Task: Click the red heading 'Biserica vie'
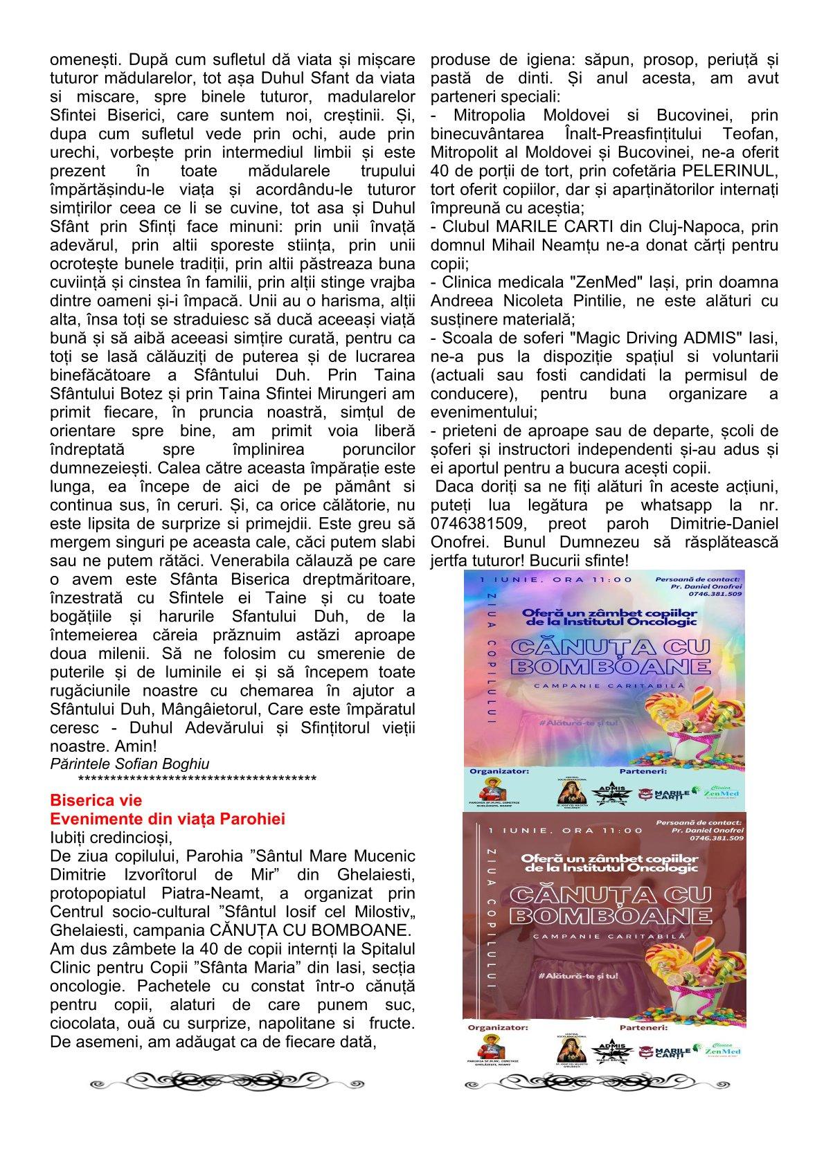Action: point(96,801)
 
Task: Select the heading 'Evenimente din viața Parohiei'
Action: point(168,819)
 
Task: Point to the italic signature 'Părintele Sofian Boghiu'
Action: point(129,764)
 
